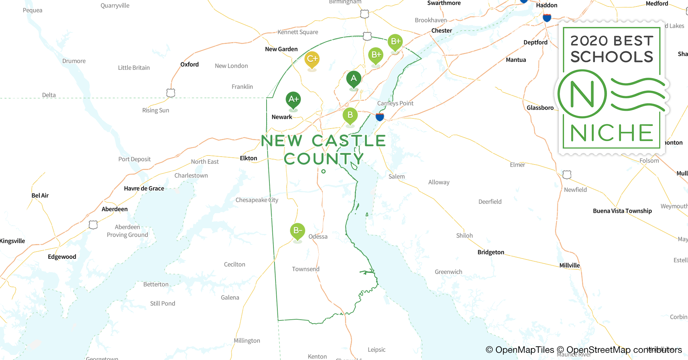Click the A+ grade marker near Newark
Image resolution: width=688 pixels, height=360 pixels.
pyautogui.click(x=293, y=100)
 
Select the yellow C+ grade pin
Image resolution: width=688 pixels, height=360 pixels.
pyautogui.click(x=312, y=59)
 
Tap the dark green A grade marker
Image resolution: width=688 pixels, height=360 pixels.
pyautogui.click(x=354, y=79)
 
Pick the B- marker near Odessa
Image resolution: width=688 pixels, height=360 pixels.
pyautogui.click(x=298, y=231)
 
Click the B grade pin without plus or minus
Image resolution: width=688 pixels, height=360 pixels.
pyautogui.click(x=350, y=116)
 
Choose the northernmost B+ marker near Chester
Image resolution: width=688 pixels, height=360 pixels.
pyautogui.click(x=395, y=42)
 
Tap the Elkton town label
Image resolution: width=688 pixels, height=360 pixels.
pyautogui.click(x=249, y=158)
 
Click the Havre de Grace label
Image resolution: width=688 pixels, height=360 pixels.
pyautogui.click(x=144, y=189)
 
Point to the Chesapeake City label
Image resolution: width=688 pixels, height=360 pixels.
pyautogui.click(x=257, y=200)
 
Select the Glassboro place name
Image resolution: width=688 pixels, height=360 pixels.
pyautogui.click(x=540, y=108)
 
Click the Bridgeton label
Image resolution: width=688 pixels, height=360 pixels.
pyautogui.click(x=491, y=252)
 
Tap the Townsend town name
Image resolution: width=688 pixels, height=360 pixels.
pyautogui.click(x=305, y=269)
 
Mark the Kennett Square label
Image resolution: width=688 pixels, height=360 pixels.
pyautogui.click(x=298, y=32)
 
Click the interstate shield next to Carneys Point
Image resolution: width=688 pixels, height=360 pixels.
pyautogui.click(x=380, y=117)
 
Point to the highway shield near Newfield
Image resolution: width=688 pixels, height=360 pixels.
pyautogui.click(x=567, y=175)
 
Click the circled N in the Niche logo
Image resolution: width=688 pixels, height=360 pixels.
pyautogui.click(x=582, y=94)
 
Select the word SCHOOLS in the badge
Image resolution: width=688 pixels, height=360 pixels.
pyautogui.click(x=612, y=57)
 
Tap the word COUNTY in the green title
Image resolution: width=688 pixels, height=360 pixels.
pyautogui.click(x=323, y=159)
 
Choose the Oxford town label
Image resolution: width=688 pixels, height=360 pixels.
pyautogui.click(x=189, y=64)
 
